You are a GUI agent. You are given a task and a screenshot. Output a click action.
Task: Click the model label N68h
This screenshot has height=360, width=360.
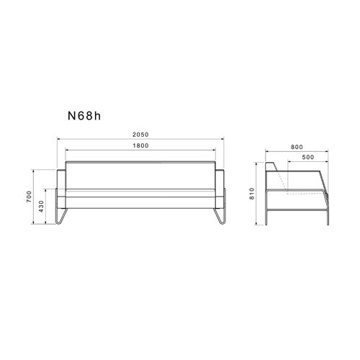coord(84,116)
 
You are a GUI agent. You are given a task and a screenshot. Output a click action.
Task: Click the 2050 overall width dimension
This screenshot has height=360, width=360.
coord(140,135)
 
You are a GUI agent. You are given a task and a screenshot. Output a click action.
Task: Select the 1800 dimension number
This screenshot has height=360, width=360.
coord(140,145)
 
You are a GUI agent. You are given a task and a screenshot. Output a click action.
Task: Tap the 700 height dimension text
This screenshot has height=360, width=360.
coord(29,197)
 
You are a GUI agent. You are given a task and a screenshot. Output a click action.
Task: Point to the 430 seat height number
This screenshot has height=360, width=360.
coord(41,207)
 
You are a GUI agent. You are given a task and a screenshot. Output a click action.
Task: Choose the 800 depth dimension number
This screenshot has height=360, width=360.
coord(297,147)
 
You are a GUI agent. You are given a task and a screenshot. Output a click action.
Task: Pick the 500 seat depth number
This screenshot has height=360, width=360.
coord(308,157)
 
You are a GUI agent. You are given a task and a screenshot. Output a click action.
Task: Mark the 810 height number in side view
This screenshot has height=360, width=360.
coord(252,194)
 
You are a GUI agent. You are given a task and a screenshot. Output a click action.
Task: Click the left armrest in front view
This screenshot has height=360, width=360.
coord(61,189)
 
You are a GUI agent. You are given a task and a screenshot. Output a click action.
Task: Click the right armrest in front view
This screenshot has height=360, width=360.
coord(220,189)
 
